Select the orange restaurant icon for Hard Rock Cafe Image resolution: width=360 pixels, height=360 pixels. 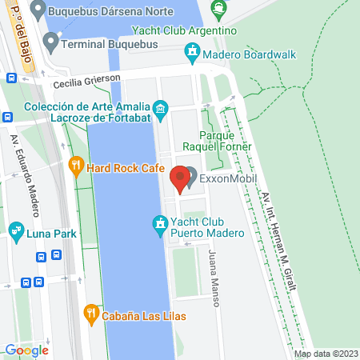(77, 167)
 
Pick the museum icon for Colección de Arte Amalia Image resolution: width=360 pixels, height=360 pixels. (161, 108)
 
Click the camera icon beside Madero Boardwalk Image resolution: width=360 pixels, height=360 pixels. (192, 53)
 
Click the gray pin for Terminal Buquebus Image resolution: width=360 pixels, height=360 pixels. (51, 45)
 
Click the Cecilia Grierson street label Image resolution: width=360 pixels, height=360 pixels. (86, 82)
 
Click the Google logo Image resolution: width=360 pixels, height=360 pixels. (26, 350)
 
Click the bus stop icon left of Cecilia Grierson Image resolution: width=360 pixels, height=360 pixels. (10, 78)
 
